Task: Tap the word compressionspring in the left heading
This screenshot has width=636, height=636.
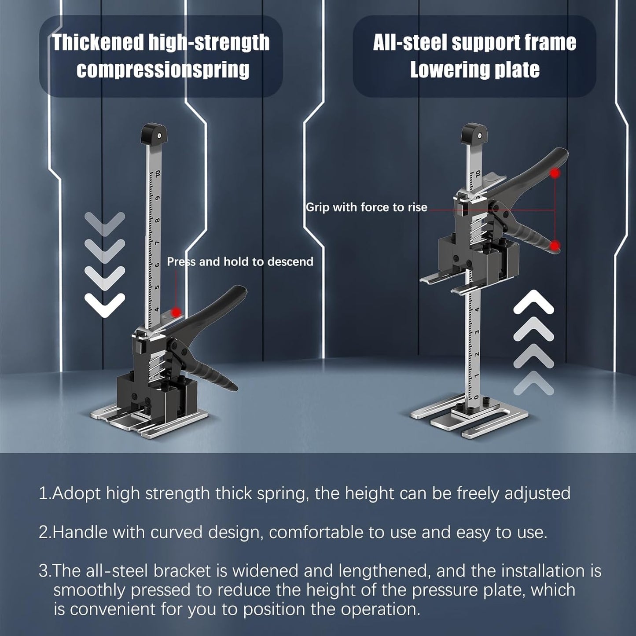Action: tap(163, 70)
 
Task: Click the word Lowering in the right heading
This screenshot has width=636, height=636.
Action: tap(445, 70)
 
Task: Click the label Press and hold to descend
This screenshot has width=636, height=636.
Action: tap(240, 262)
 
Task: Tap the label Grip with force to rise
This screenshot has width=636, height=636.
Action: tap(366, 207)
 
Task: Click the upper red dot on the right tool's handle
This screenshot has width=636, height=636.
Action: tap(555, 173)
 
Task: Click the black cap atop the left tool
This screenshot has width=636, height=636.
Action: tap(154, 133)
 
